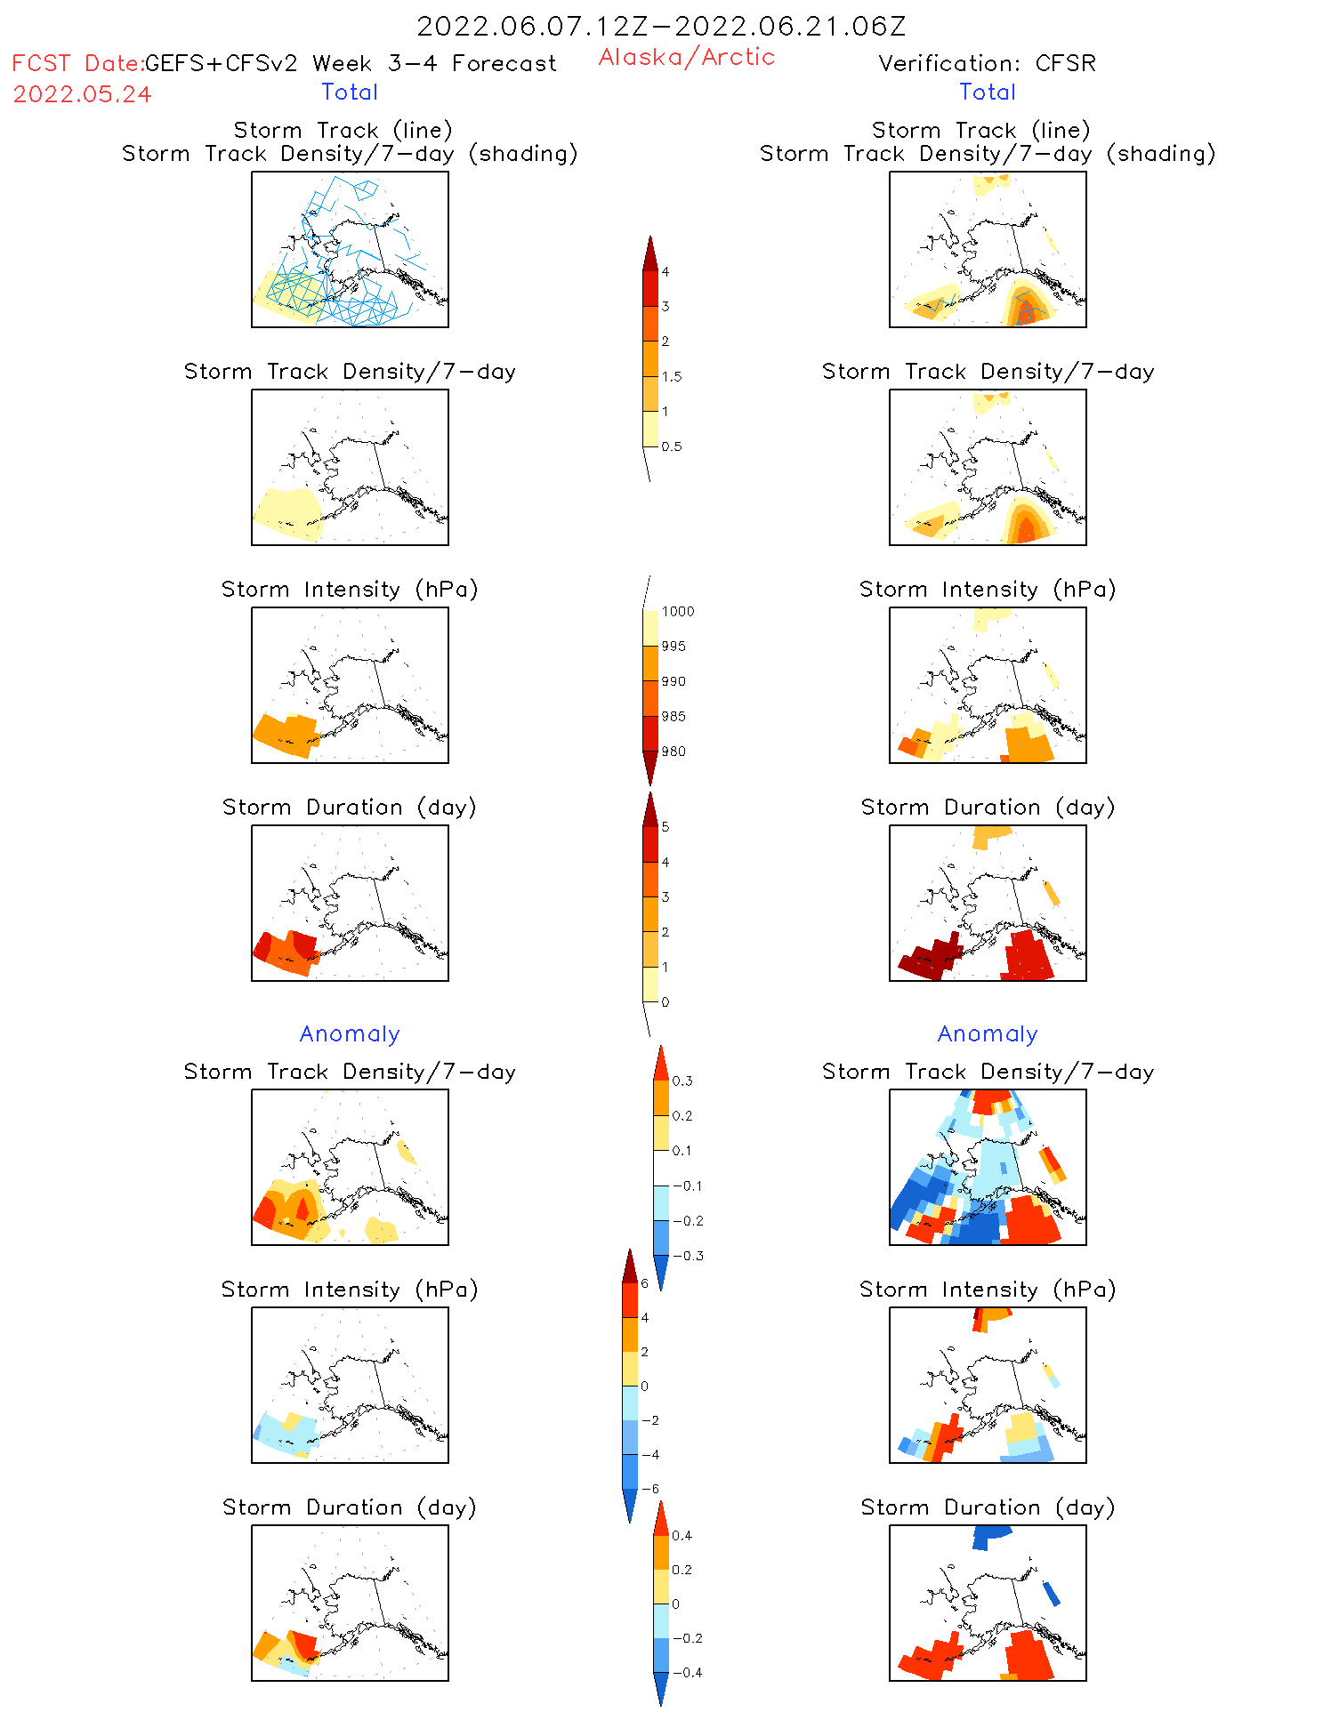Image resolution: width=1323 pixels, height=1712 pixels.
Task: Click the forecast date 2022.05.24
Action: (x=82, y=94)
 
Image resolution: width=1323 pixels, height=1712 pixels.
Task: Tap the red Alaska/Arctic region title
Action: (x=686, y=57)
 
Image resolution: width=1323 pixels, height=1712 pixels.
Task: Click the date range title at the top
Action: (x=661, y=26)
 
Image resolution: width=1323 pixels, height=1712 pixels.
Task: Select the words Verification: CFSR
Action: (x=987, y=63)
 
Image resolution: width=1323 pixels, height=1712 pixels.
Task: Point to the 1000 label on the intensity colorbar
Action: (x=677, y=611)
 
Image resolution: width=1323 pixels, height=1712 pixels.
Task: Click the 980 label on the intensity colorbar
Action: (x=674, y=752)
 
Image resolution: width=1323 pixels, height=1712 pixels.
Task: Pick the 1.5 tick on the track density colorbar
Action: (x=672, y=376)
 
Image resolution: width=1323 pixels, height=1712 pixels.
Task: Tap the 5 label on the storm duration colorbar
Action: (x=666, y=827)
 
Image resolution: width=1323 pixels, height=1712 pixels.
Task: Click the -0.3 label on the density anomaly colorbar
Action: (x=687, y=1256)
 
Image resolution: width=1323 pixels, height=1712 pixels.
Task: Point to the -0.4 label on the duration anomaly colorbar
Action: (x=686, y=1672)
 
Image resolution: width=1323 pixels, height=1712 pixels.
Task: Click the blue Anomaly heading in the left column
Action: (x=350, y=1033)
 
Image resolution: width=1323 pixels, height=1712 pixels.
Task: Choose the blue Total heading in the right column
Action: (x=987, y=92)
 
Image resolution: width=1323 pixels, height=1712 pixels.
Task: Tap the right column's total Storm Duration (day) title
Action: (x=988, y=807)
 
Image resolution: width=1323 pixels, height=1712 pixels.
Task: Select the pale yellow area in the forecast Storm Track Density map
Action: (x=286, y=513)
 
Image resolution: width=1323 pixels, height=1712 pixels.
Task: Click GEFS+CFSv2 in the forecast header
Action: (x=221, y=63)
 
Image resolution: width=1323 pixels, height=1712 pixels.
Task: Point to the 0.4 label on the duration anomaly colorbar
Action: (x=682, y=1535)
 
